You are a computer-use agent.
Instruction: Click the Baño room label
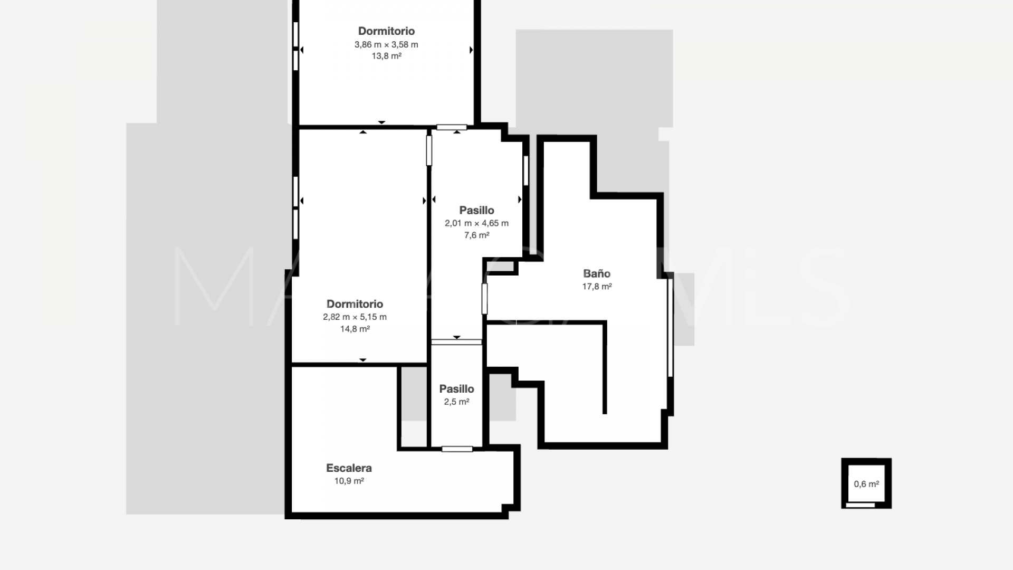(x=597, y=273)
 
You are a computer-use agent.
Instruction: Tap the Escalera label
(x=349, y=468)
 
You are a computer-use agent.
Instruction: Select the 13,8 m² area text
(x=386, y=56)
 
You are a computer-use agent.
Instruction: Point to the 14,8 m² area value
(x=355, y=329)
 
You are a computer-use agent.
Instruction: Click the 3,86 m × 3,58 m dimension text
(x=386, y=44)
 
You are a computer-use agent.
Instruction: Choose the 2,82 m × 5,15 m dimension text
(x=355, y=317)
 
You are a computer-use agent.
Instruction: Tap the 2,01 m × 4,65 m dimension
(x=476, y=223)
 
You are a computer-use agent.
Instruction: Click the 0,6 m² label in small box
(x=866, y=484)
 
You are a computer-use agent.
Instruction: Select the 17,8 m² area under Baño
(x=597, y=286)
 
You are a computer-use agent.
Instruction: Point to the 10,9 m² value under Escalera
(x=349, y=481)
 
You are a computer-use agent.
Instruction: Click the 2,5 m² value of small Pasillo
(x=456, y=402)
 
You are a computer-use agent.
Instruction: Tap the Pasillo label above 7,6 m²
(x=476, y=210)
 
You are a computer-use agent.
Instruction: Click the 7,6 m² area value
(x=476, y=235)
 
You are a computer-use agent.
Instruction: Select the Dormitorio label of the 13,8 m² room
(x=386, y=31)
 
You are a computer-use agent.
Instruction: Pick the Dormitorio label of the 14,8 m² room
(x=355, y=304)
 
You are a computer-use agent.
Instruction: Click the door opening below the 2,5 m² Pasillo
(x=457, y=449)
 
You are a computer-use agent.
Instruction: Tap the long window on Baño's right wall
(x=670, y=328)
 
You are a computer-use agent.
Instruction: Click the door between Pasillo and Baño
(x=484, y=299)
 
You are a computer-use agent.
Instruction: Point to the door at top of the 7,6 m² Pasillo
(x=452, y=127)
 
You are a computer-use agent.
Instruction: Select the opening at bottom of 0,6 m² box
(x=860, y=505)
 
